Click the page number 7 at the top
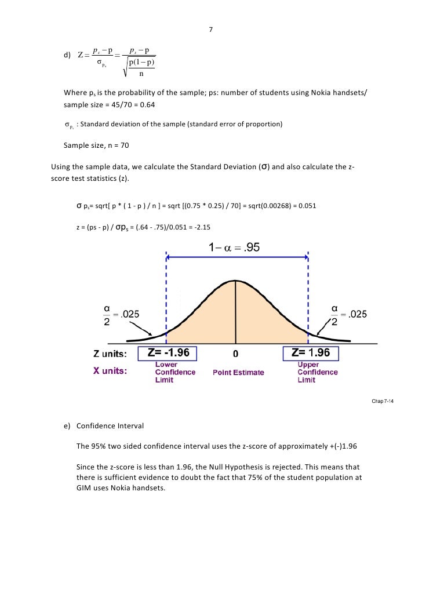pos(210,30)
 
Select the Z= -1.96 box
pos(169,353)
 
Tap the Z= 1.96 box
pos(310,353)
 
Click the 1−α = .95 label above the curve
pos(234,248)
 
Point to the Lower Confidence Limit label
pos(174,372)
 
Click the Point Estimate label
pos(238,373)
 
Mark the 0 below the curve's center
pos(235,354)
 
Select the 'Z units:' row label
pos(115,354)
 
